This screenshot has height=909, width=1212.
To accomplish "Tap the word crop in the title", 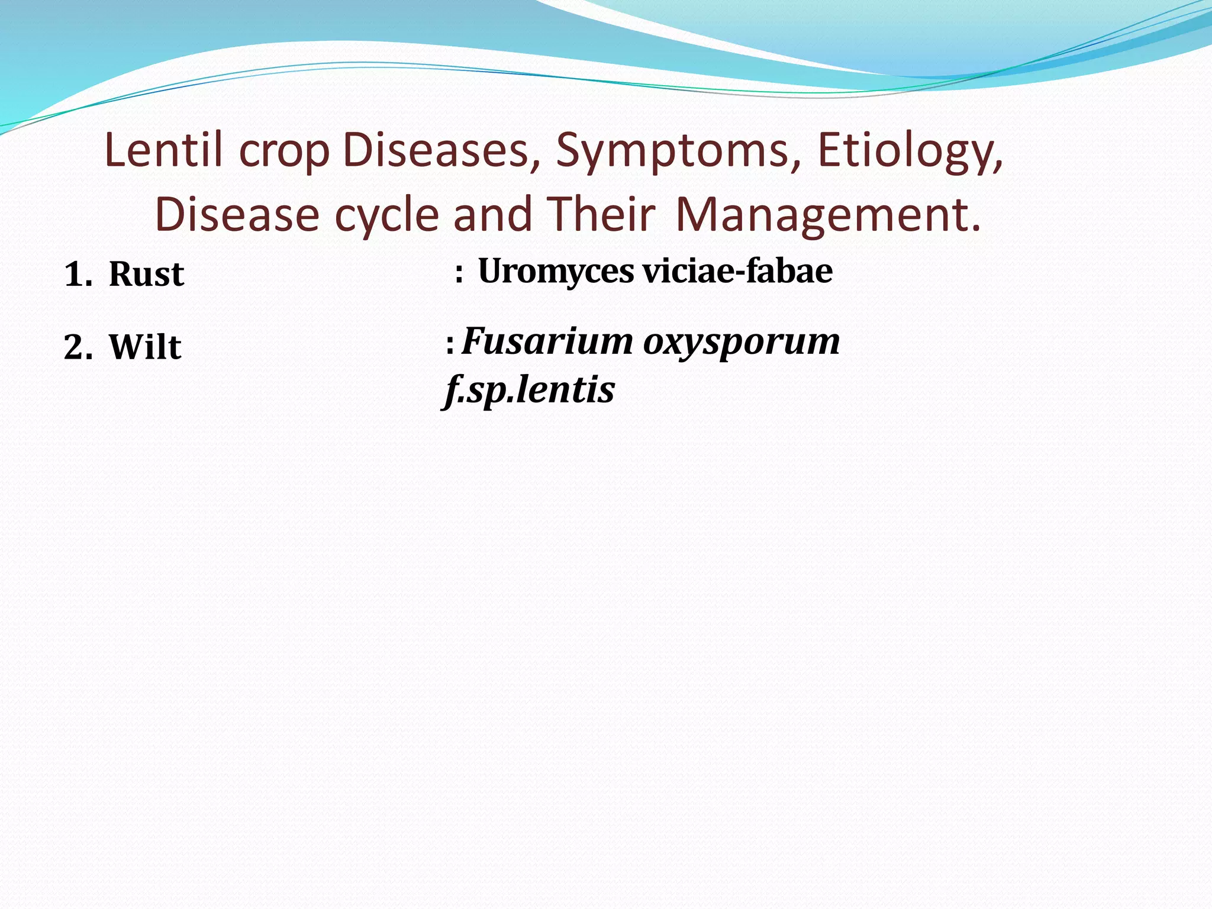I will point(284,153).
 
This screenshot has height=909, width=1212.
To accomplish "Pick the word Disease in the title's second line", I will point(237,214).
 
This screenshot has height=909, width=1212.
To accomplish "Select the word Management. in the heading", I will point(827,215).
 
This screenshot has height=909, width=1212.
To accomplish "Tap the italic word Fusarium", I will point(547,341).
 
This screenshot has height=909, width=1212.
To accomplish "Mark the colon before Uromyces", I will point(459,274).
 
